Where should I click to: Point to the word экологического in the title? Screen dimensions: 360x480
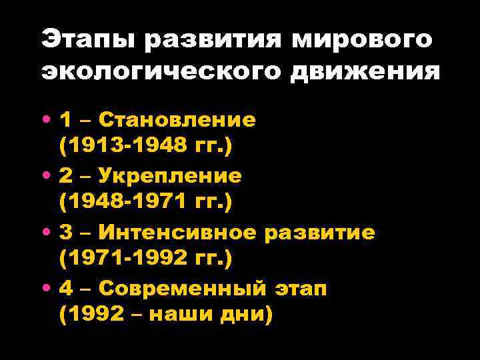pyautogui.click(x=162, y=71)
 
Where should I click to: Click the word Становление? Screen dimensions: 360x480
pyautogui.click(x=177, y=119)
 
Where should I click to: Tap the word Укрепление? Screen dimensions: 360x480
pyautogui.click(x=171, y=176)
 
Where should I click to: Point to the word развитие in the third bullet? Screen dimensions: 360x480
pyautogui.click(x=319, y=233)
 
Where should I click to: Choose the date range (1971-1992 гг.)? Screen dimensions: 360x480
pyautogui.click(x=145, y=258)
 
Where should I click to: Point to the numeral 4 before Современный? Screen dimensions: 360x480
pyautogui.click(x=67, y=289)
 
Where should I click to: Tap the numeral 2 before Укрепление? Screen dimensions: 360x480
pyautogui.click(x=67, y=176)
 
